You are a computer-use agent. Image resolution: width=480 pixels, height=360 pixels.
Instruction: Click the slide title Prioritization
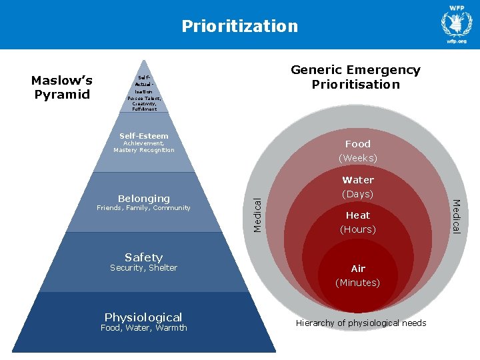pyautogui.click(x=239, y=26)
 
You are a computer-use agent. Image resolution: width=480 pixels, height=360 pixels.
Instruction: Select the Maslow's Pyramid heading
pyautogui.click(x=62, y=87)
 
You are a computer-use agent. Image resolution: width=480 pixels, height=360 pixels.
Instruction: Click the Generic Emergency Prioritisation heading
pyautogui.click(x=355, y=77)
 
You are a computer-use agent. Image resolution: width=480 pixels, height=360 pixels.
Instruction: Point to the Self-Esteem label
pyautogui.click(x=144, y=136)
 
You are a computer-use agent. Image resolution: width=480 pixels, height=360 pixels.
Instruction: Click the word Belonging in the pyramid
pyautogui.click(x=143, y=198)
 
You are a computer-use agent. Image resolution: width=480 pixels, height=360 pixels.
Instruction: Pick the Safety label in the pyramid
pyautogui.click(x=143, y=257)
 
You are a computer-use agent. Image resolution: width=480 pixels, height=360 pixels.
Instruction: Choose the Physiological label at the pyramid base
pyautogui.click(x=143, y=317)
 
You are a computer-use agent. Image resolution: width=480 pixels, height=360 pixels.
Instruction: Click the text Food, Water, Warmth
pyautogui.click(x=143, y=328)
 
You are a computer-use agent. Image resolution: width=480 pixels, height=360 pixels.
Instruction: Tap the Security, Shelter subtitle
pyautogui.click(x=143, y=268)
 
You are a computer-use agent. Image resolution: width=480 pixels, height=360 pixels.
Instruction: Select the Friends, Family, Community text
pyautogui.click(x=143, y=208)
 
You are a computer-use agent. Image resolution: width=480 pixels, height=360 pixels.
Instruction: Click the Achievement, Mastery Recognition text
pyautogui.click(x=144, y=147)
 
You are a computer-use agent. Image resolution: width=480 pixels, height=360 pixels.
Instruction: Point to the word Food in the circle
pyautogui.click(x=358, y=143)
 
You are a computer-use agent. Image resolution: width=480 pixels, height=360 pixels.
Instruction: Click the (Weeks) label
pyautogui.click(x=358, y=158)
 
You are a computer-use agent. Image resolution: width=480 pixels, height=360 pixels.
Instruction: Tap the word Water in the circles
pyautogui.click(x=358, y=180)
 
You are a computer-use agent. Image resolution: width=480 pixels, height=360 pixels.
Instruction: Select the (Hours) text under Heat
pyautogui.click(x=358, y=229)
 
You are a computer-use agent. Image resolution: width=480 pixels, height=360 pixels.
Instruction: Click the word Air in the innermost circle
pyautogui.click(x=358, y=269)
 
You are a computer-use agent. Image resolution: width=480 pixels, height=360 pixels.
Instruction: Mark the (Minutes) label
pyautogui.click(x=358, y=283)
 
